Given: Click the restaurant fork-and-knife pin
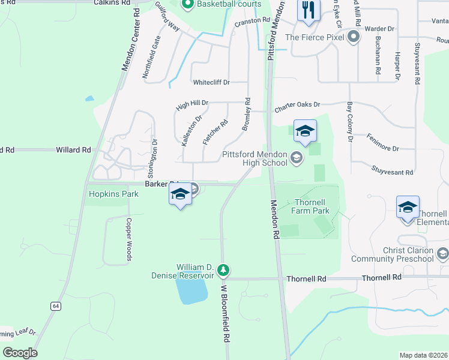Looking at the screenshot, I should [x=309, y=11].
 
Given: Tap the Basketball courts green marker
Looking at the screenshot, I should [x=187, y=5].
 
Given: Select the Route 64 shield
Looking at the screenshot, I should [x=56, y=306].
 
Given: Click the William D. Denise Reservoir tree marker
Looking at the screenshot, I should [x=223, y=271].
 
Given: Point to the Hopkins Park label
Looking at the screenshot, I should [x=113, y=194].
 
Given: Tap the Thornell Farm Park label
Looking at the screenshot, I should [x=310, y=206].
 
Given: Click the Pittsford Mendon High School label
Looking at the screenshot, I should [x=255, y=158].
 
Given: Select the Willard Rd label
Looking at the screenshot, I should [x=73, y=149].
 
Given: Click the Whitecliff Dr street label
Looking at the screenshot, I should [x=211, y=82].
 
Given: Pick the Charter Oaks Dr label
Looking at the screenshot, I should [x=298, y=107].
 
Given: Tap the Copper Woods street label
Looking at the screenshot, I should [x=128, y=239].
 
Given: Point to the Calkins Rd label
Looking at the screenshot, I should [x=112, y=3].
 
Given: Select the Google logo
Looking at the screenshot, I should [x=20, y=352].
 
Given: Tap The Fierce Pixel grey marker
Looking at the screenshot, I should [x=354, y=37].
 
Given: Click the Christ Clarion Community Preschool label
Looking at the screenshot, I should [x=409, y=254].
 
